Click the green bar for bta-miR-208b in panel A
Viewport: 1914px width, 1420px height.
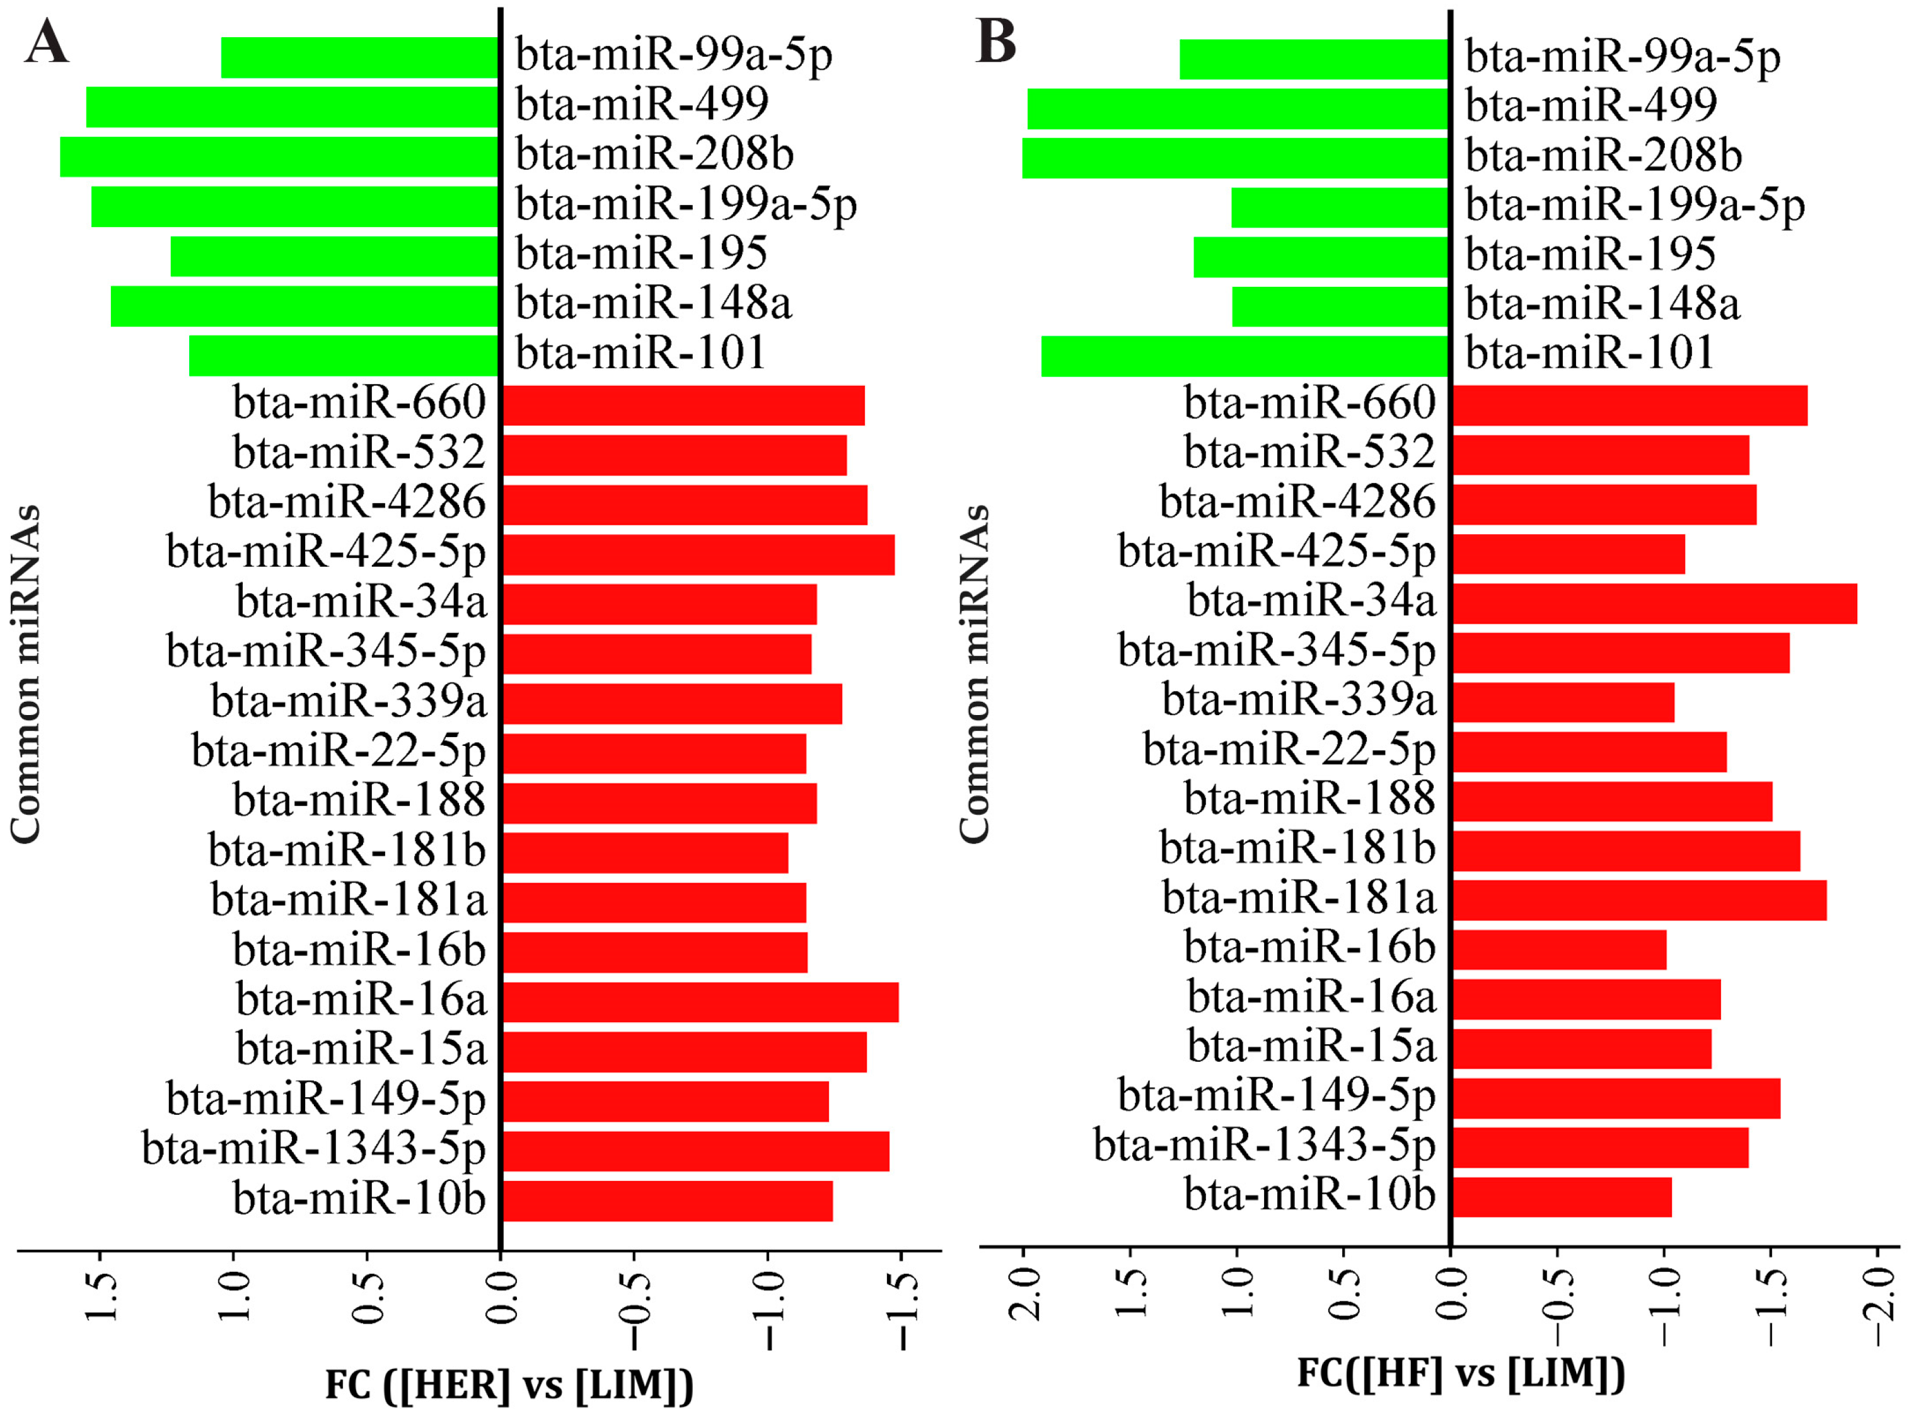tap(279, 156)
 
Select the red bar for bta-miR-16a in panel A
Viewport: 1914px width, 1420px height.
tap(700, 1001)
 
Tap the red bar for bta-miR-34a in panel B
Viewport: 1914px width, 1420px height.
tap(1654, 603)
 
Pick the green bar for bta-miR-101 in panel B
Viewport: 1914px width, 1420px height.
tap(1245, 356)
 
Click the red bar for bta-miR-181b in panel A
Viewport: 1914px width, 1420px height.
tap(644, 852)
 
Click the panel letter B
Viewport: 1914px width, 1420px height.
tap(996, 41)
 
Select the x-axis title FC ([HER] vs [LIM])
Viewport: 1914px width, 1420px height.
tap(509, 1385)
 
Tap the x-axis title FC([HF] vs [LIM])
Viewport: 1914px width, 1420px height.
tap(1461, 1373)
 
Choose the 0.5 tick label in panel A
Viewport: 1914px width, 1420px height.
tap(368, 1298)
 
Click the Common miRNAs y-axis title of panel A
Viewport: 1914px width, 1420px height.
tap(26, 675)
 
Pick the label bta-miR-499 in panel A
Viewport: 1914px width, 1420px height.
tap(642, 104)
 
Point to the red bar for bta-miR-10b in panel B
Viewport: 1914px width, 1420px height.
tap(1562, 1197)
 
